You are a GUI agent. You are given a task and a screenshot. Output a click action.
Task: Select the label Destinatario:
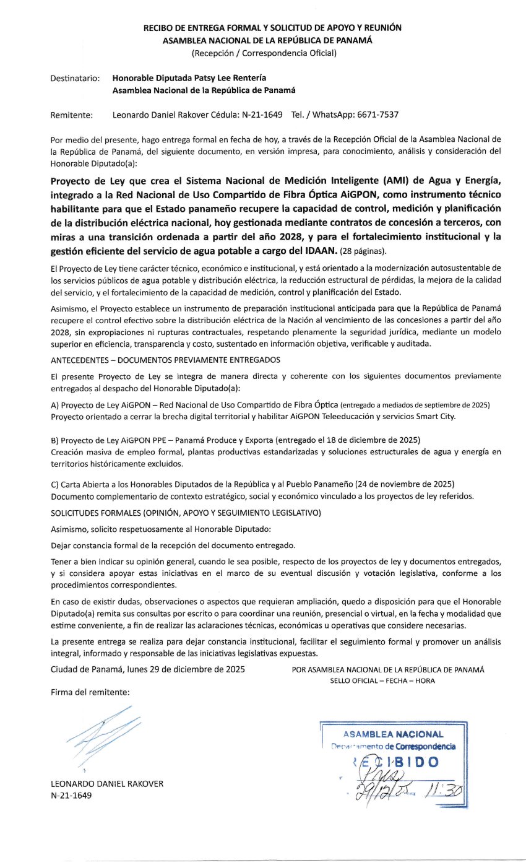point(75,79)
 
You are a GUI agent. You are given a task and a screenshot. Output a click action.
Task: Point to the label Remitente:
point(72,115)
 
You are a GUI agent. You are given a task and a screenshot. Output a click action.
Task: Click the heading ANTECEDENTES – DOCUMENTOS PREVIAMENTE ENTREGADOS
point(165,359)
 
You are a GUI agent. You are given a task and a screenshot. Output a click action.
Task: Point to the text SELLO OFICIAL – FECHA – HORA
point(382,680)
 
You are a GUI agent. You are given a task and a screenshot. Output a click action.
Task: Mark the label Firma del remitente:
point(90,692)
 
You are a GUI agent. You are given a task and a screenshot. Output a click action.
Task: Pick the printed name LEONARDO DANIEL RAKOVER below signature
point(107,783)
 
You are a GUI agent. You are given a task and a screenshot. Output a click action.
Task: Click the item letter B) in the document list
point(56,440)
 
